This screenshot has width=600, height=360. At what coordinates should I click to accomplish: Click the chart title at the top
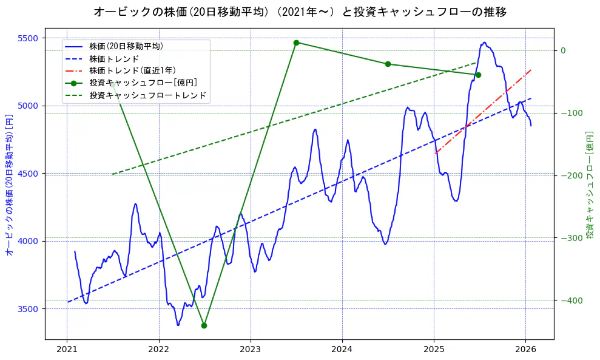[300, 12]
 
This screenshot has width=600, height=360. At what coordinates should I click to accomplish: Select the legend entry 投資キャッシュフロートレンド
[147, 95]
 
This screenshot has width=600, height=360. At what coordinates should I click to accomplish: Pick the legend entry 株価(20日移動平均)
[126, 46]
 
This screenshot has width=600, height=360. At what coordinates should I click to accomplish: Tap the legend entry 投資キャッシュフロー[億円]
[143, 83]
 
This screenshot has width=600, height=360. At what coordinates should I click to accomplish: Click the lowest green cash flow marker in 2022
[204, 325]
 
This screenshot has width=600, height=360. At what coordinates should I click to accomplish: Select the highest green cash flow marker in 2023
[296, 42]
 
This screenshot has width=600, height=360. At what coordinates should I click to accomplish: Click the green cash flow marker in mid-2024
[388, 64]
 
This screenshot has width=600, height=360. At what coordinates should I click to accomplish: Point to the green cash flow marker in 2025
[478, 75]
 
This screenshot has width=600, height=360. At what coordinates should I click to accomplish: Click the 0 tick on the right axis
[563, 50]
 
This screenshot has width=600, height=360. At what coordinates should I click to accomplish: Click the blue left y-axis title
[9, 185]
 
